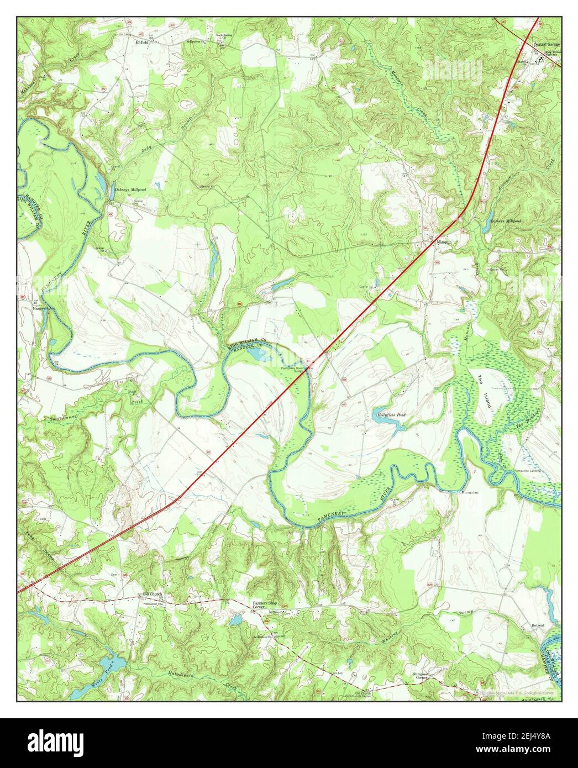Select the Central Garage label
(x=547, y=44)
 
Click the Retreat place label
(x=538, y=625)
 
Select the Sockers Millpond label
(x=506, y=221)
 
